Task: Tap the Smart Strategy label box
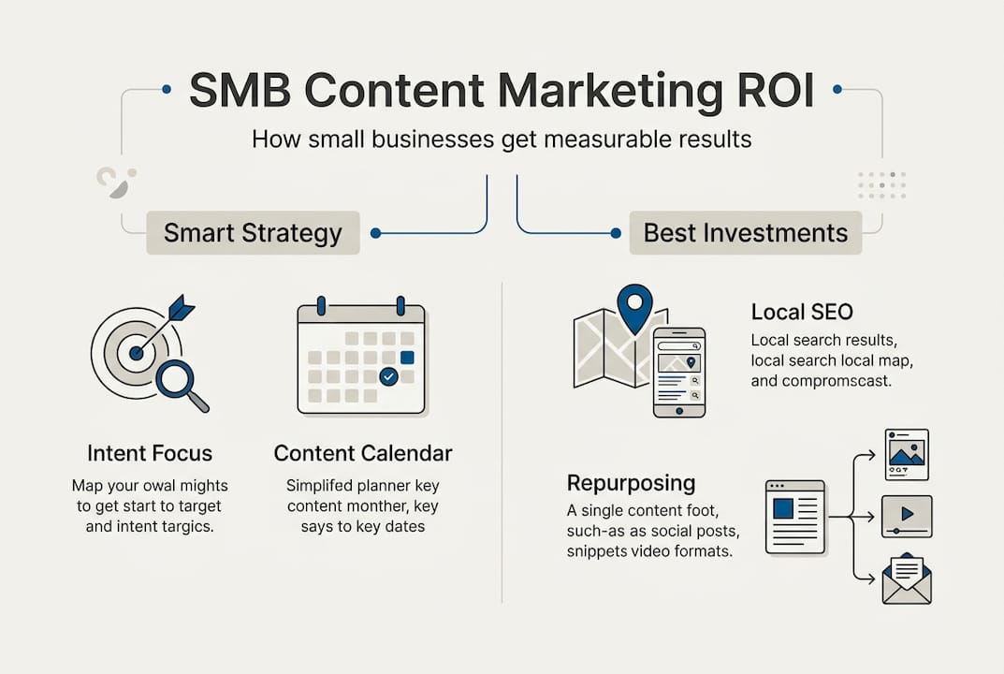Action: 253,232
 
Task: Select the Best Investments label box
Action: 746,232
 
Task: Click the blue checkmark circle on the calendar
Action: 388,376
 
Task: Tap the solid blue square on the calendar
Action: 407,357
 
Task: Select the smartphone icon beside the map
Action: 678,373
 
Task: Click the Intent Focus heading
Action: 150,454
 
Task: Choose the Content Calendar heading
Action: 363,454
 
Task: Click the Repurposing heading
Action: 631,483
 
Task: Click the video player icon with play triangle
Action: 907,516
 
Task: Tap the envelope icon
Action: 907,581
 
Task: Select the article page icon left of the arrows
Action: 794,516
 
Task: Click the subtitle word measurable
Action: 586,140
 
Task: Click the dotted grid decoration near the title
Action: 881,185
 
